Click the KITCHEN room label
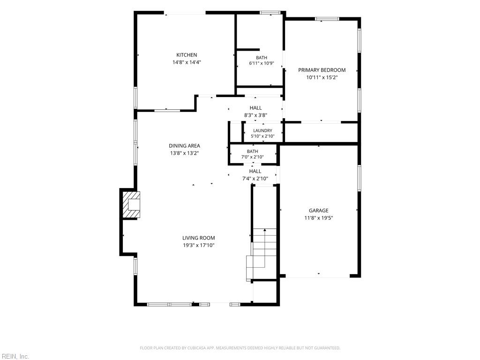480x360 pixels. pos(187,55)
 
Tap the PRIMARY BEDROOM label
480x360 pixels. pos(322,70)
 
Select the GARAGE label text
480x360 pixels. pos(319,210)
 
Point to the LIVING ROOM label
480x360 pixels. pos(199,238)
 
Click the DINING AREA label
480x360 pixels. pos(185,146)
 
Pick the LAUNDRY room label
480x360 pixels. pos(262,131)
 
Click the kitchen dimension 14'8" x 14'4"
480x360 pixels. pos(187,62)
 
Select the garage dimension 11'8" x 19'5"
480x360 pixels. pos(319,218)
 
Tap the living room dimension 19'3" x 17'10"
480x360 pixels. pos(199,245)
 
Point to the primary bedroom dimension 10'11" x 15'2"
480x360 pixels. pos(322,77)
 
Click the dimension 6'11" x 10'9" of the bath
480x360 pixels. pos(262,63)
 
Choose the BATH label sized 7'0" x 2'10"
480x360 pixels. pos(253,151)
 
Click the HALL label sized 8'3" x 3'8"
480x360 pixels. pos(255,108)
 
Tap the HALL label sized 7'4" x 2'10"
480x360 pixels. pos(255,171)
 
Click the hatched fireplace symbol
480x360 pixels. pos(131,205)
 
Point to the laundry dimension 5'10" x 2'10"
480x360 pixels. pos(262,136)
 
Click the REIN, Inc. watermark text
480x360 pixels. pos(15,357)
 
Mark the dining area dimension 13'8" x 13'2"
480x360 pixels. pos(185,153)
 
